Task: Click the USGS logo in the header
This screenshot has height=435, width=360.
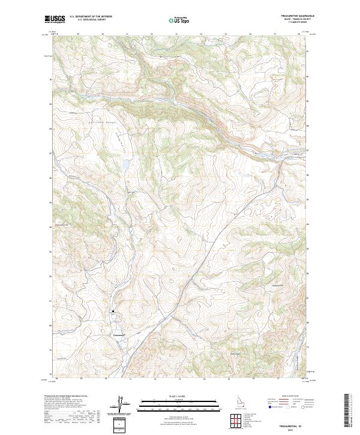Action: (55, 20)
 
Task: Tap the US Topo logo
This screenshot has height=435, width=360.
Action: (179, 20)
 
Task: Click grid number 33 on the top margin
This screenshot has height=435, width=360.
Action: (176, 35)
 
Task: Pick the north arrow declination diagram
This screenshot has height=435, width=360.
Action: (126, 406)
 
